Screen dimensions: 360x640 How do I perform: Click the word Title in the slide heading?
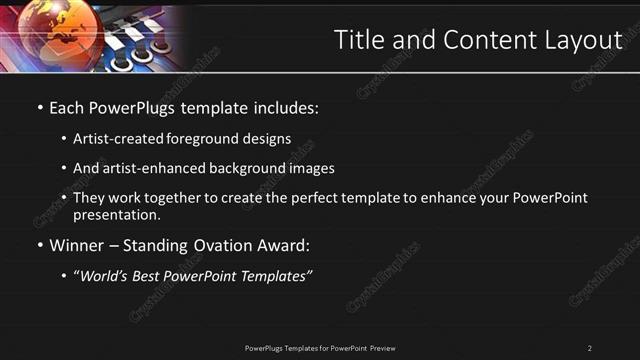click(x=358, y=39)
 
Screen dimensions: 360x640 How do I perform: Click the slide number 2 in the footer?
click(x=590, y=348)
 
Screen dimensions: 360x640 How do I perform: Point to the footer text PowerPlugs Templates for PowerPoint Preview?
click(x=320, y=348)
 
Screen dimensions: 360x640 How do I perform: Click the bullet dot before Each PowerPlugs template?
click(x=40, y=106)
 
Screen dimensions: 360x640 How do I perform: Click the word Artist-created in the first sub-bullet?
click(x=112, y=139)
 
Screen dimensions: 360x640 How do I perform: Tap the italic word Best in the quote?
click(x=153, y=276)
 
